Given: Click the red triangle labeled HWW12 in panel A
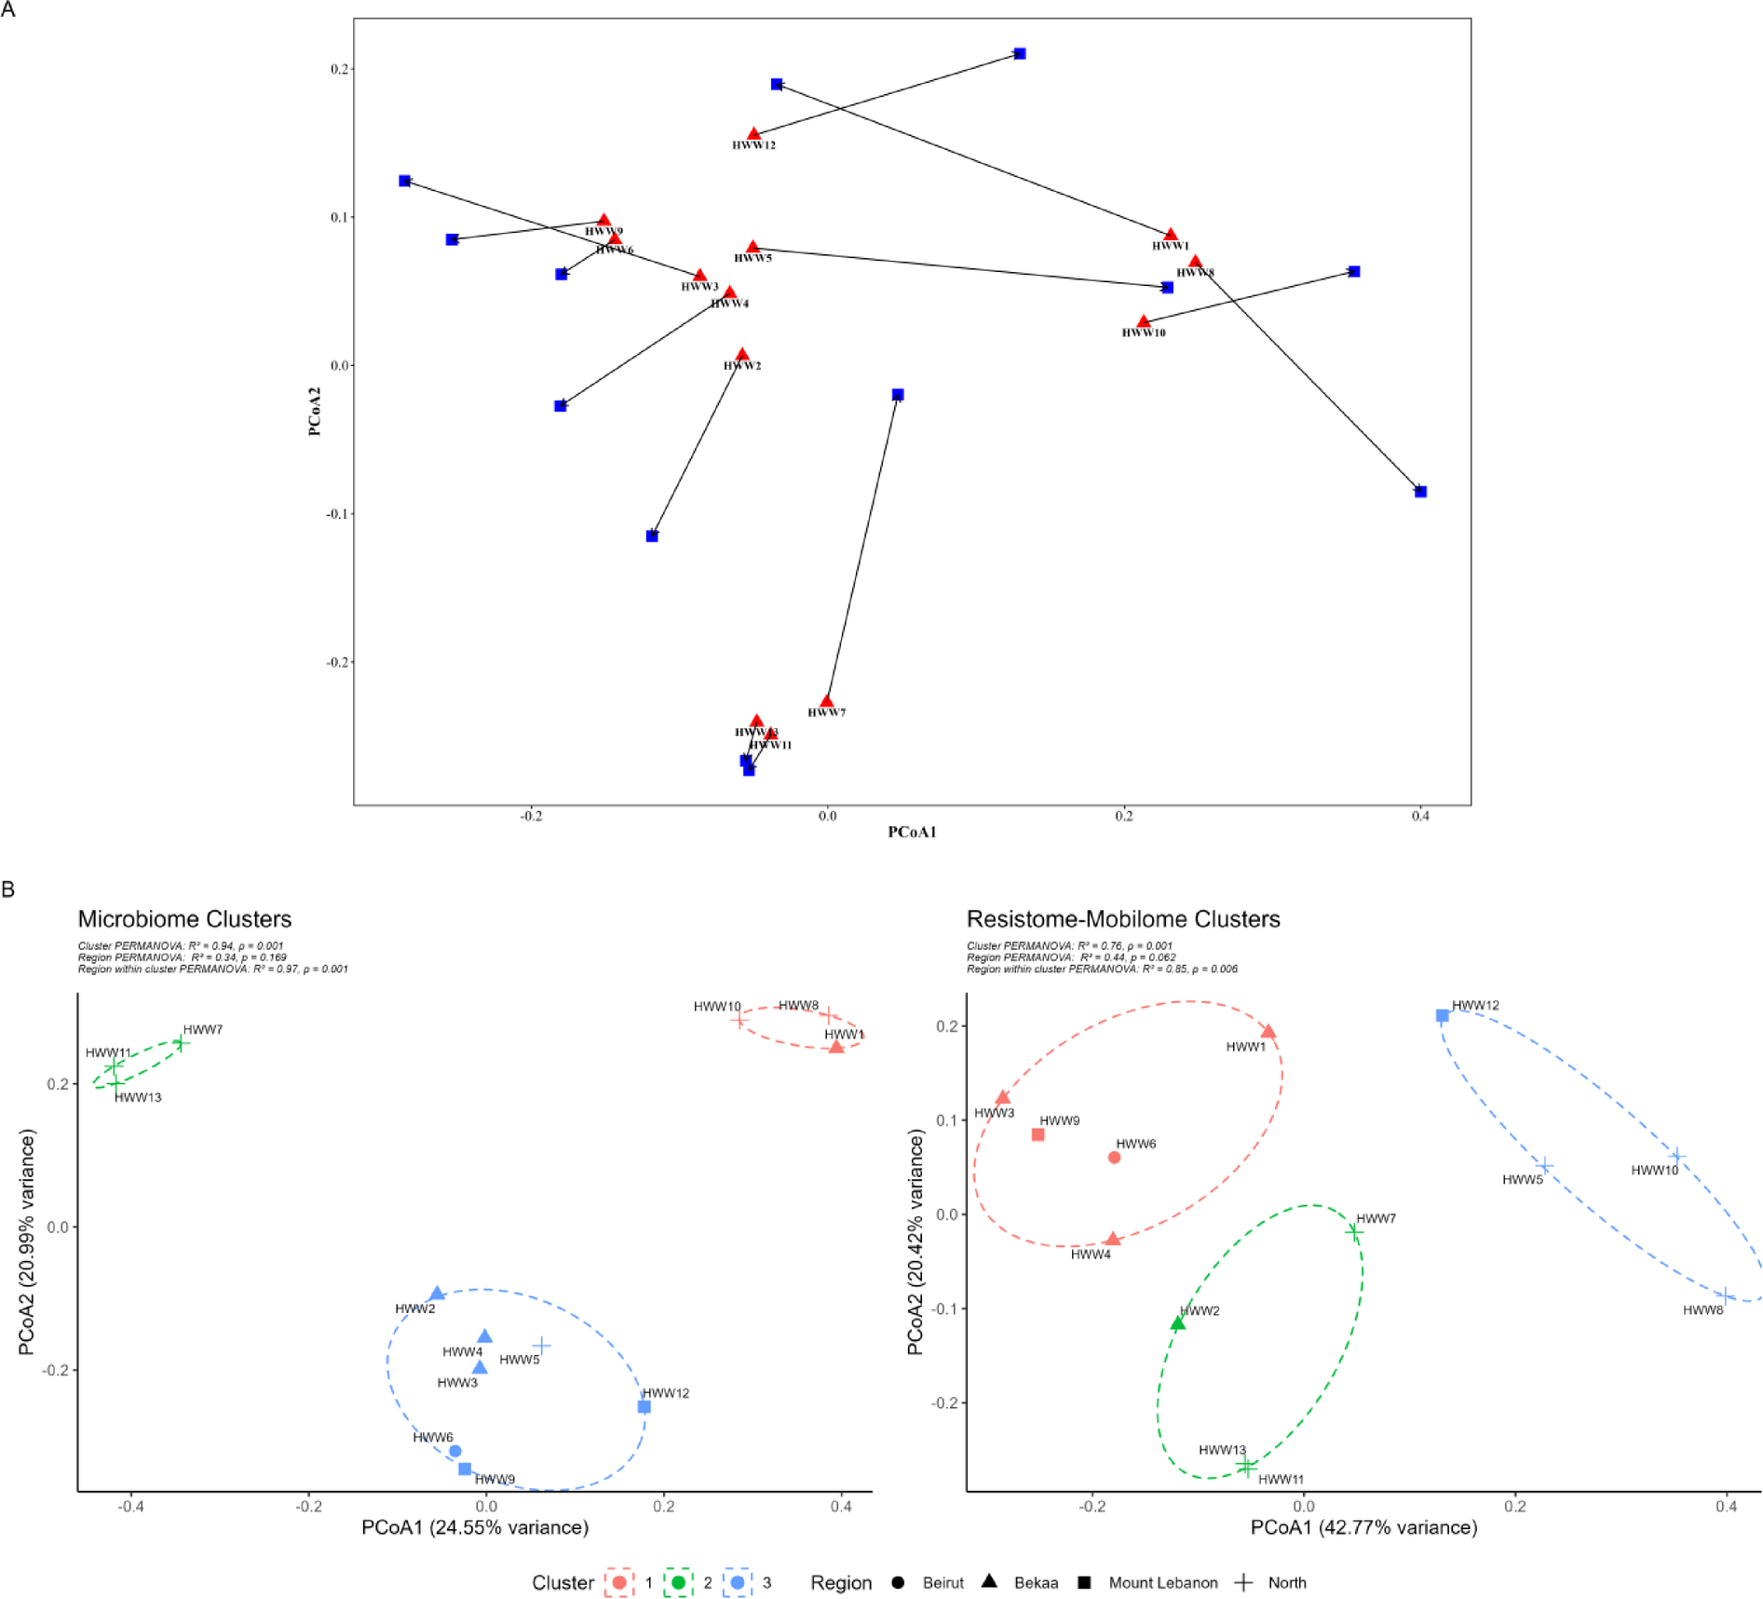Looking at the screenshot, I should tap(753, 135).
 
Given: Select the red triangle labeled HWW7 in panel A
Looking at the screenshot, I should tap(826, 701).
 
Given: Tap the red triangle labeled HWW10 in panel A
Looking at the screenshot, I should tap(1144, 322).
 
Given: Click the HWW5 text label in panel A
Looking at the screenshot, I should tap(753, 258).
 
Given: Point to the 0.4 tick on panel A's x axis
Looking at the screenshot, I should tap(1419, 817).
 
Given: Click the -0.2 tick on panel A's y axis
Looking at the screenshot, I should tap(337, 662).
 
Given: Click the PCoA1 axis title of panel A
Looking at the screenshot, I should tap(912, 832).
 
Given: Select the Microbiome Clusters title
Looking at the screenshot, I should tap(184, 919).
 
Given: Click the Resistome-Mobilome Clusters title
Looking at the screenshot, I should tap(1123, 919).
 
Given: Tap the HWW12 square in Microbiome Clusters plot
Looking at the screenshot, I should tap(644, 1406).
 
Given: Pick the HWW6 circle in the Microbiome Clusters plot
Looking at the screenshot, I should tap(455, 1451).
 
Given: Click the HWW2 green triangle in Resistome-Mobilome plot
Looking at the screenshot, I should tap(1177, 1323).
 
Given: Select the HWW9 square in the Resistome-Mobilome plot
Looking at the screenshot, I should tap(1037, 1134).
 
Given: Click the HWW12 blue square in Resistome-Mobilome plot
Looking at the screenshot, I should tap(1442, 1016).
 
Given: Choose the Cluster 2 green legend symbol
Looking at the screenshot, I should tap(678, 1582).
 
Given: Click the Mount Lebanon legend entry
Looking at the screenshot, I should tap(1162, 1583).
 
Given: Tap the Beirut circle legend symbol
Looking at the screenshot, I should tap(898, 1582).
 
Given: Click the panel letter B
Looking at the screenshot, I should tap(8, 889).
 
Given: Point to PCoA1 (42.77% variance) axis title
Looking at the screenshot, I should tap(1363, 1527).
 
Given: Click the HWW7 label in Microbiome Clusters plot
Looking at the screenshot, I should tap(202, 1029).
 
